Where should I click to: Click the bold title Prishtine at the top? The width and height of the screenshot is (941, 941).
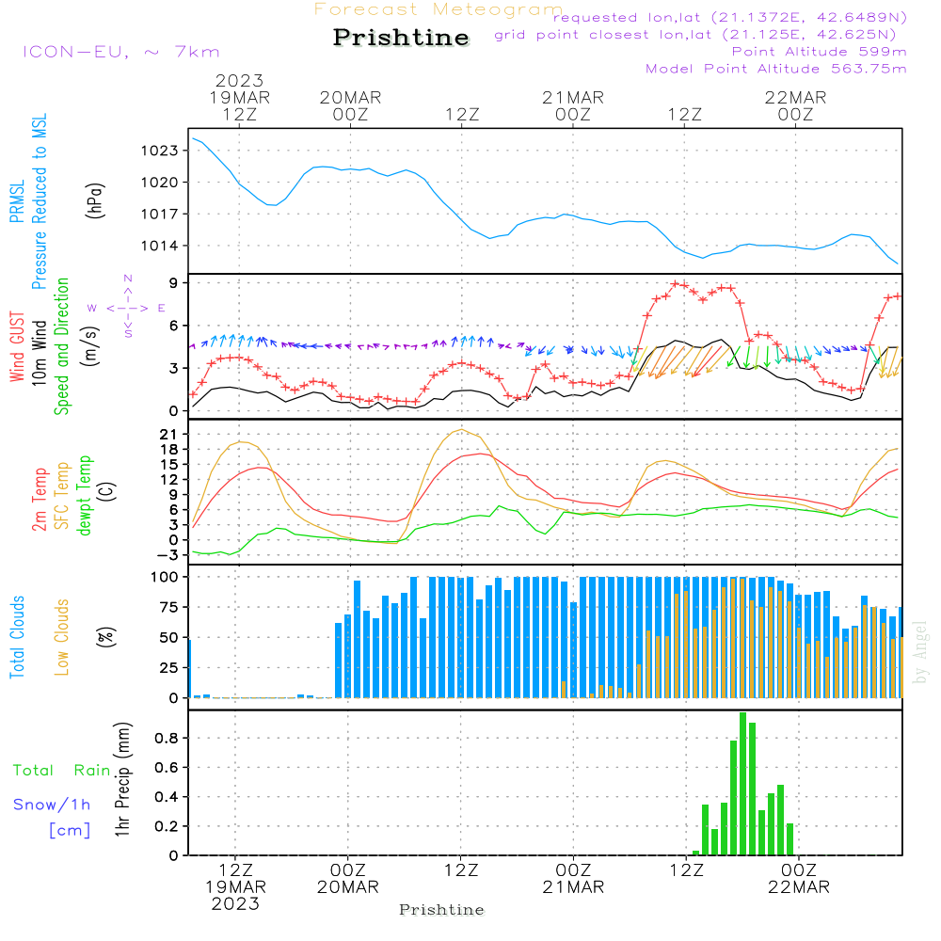[401, 38]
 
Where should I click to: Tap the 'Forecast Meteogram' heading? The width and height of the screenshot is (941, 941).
[439, 9]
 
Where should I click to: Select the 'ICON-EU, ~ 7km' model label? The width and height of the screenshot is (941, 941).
[121, 52]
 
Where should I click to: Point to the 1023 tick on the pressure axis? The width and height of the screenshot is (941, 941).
[160, 151]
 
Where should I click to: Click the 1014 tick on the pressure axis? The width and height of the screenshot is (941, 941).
[160, 246]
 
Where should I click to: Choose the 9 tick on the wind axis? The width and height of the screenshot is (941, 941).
[173, 282]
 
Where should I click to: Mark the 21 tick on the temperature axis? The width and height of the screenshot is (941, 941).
[168, 434]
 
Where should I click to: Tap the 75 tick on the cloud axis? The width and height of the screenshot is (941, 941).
[168, 607]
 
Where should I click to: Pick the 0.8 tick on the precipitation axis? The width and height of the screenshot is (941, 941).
[167, 738]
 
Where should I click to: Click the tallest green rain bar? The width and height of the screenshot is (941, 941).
[743, 784]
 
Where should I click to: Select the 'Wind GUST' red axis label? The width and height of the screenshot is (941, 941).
[17, 346]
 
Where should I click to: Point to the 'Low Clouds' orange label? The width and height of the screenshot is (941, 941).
[62, 637]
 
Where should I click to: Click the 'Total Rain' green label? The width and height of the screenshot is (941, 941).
[62, 771]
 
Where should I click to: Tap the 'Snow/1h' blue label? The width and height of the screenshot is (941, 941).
[52, 805]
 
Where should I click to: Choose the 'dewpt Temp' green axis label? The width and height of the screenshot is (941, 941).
[84, 495]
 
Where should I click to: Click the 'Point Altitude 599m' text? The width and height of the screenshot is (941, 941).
[820, 52]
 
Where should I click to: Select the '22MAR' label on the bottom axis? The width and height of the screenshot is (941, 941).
[799, 887]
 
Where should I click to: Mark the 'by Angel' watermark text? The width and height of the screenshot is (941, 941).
[920, 652]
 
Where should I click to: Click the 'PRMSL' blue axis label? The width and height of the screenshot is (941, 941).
[17, 201]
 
